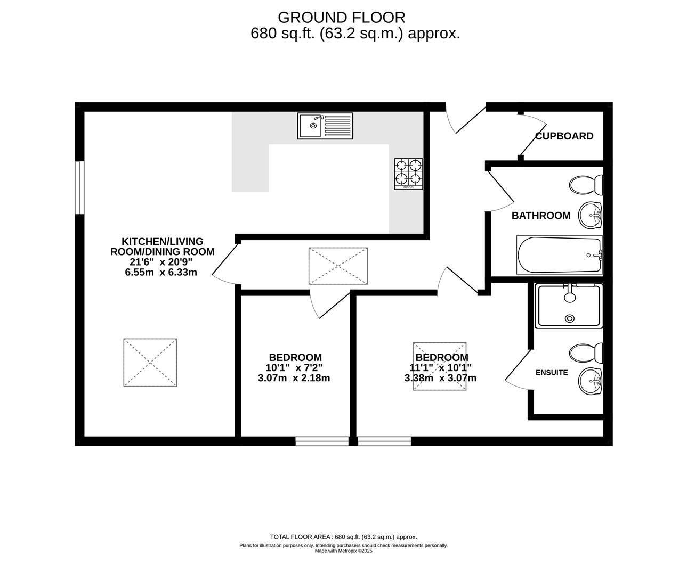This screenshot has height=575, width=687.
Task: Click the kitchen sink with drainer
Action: coord(325,126)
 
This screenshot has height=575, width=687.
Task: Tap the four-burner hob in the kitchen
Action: coord(409,174)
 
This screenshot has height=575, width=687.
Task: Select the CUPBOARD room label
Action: coord(564,136)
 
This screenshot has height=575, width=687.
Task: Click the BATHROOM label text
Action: coord(541,216)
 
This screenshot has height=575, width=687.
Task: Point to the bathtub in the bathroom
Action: coord(559,254)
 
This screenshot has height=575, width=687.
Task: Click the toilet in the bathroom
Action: coord(586,185)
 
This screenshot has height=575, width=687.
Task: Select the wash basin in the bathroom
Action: coord(591,215)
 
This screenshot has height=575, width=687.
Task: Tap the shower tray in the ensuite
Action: coord(569,306)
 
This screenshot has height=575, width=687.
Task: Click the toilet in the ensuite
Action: coord(586,353)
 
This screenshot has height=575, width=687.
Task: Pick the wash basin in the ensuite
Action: coord(591,381)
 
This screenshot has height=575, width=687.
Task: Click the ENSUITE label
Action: coord(552,373)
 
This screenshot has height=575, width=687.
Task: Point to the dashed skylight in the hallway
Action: coord(338,266)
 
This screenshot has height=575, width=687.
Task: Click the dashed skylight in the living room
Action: coord(150,362)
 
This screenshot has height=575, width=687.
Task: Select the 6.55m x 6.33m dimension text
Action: coord(161,272)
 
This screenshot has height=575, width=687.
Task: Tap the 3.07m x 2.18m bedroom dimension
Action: coord(294,378)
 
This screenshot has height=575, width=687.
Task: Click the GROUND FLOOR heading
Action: coord(342,18)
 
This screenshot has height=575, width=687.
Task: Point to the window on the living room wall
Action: coord(79,188)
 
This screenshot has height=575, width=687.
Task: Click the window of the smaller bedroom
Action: coord(322,441)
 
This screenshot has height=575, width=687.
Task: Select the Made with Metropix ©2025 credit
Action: coord(343,551)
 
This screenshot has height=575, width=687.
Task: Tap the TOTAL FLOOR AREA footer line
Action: coord(343,537)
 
